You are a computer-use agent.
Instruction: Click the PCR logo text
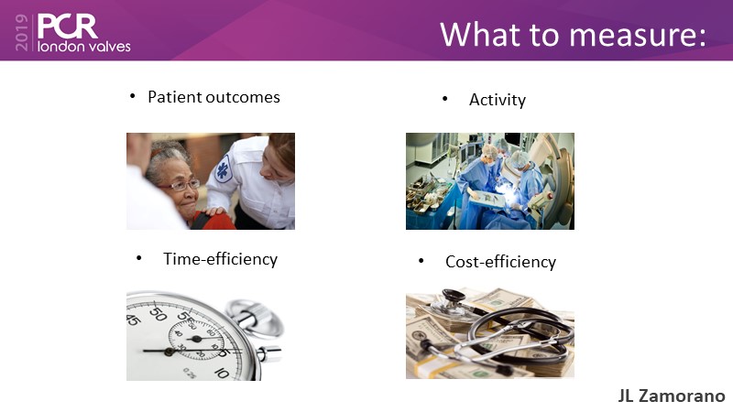coord(67,27)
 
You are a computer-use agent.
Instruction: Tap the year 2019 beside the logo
coord(22,32)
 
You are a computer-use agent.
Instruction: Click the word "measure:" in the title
coord(638,35)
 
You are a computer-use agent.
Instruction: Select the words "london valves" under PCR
coord(83,47)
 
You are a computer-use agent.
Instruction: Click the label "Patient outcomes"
coord(213,97)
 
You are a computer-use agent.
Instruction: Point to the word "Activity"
coord(498,100)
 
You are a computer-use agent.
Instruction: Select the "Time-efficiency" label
coord(220,259)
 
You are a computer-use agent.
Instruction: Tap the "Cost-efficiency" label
coord(500,262)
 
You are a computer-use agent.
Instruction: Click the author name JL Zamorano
coord(672,396)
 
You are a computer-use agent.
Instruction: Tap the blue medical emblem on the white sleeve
coord(224,169)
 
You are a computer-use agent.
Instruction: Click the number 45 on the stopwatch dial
coord(133,320)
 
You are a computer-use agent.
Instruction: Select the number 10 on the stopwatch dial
coord(222,373)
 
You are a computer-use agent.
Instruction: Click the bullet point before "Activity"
coord(444,99)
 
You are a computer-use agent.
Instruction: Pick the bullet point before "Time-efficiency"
coord(139,258)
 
